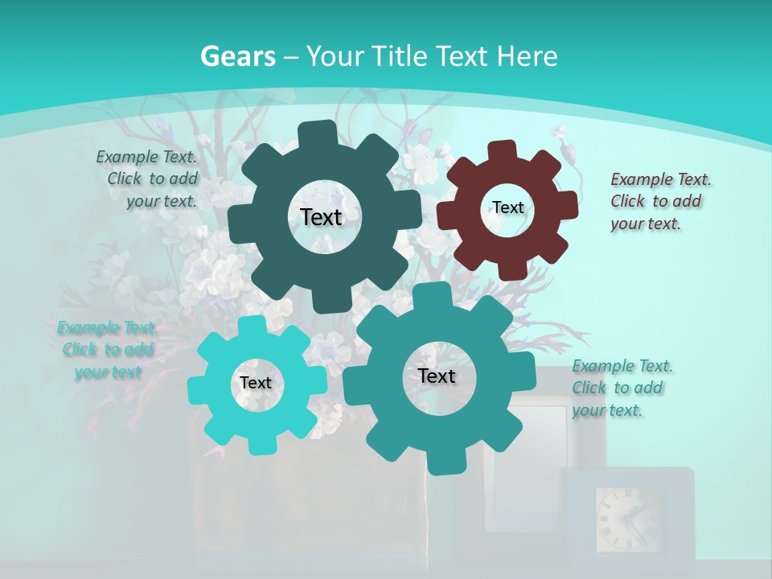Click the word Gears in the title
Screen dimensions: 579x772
point(237,56)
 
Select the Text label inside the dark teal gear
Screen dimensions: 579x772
point(321,217)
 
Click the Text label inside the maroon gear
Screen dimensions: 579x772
point(507,207)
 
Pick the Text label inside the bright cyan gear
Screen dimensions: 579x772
point(256,384)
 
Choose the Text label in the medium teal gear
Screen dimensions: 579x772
point(437,376)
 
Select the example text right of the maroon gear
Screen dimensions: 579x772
point(655,201)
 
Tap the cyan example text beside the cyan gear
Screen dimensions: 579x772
point(107,350)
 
